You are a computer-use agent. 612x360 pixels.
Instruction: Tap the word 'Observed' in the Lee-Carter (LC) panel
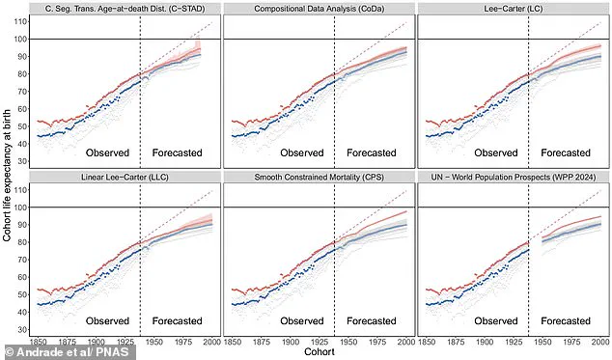point(495,153)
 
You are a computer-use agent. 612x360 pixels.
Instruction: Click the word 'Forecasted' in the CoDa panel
point(372,153)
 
